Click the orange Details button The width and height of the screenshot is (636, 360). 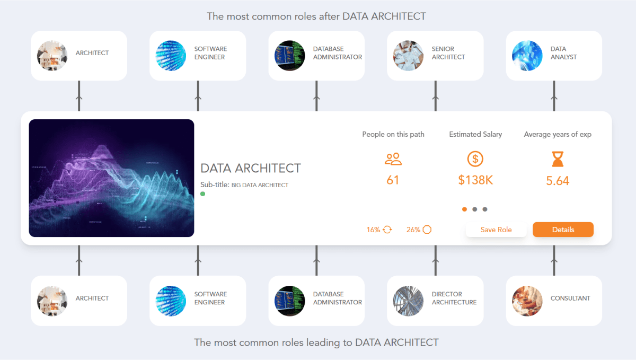(563, 230)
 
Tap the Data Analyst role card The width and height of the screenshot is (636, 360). (554, 56)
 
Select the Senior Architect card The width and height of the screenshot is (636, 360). (435, 56)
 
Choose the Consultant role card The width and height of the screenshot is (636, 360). (554, 301)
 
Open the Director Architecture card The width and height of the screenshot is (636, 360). (435, 301)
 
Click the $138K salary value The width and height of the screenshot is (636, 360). (475, 180)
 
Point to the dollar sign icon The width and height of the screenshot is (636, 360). (475, 159)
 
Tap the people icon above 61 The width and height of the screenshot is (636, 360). (393, 159)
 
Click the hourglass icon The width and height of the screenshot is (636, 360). (558, 159)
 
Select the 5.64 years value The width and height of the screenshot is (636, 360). (558, 181)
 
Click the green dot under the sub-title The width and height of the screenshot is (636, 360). (203, 194)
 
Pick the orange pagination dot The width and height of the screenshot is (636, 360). (465, 209)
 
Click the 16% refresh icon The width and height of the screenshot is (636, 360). (387, 230)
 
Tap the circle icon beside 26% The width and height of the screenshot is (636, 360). (427, 230)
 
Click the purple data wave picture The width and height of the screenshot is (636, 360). (111, 178)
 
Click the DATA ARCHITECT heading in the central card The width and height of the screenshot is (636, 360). (251, 169)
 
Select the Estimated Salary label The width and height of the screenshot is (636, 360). (475, 134)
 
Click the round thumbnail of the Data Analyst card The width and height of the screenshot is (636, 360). (527, 56)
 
